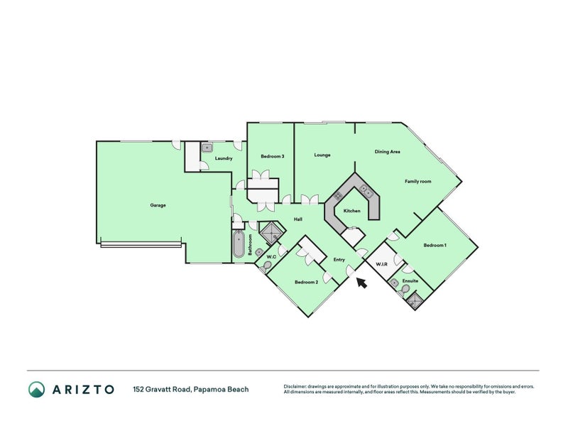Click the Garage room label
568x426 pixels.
tap(158, 205)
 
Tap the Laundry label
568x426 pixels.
tap(224, 158)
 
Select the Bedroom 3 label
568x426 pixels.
tap(273, 156)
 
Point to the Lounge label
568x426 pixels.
tap(322, 155)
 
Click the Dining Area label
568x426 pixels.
tap(387, 152)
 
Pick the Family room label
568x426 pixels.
tap(418, 182)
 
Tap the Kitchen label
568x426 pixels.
tap(351, 211)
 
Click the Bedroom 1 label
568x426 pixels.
tap(435, 245)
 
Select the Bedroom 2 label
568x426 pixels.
tap(306, 282)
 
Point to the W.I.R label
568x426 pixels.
tap(381, 264)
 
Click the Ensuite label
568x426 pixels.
tap(410, 280)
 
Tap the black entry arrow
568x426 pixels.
tap(361, 283)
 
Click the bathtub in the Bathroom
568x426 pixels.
tap(239, 244)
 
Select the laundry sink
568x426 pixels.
tap(207, 148)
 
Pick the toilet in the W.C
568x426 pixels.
tap(266, 266)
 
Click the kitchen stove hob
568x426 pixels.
tap(338, 196)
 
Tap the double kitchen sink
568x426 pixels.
tap(366, 190)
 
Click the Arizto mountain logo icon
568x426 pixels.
tap(37, 389)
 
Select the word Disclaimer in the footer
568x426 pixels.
tap(295, 386)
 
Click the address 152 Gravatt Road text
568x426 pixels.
tap(162, 389)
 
